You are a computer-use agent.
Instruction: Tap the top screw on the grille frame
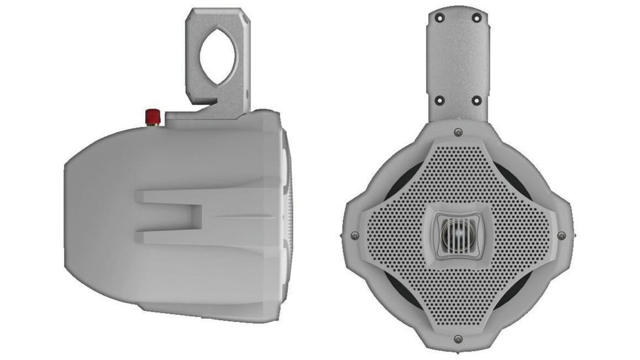click(458, 132)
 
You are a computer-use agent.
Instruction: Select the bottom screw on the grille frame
click(458, 338)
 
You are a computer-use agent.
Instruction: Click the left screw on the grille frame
click(355, 235)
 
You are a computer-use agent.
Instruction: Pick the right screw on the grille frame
click(561, 235)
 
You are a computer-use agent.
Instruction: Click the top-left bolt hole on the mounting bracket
click(440, 18)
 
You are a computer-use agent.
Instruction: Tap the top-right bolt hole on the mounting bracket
click(476, 18)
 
